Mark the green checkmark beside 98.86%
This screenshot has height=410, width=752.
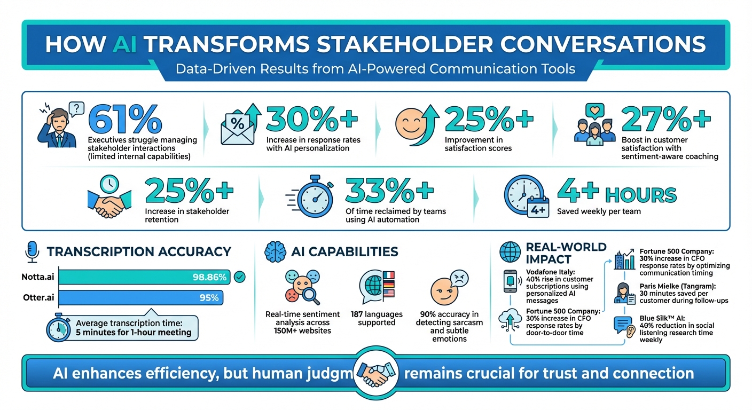coord(240,277)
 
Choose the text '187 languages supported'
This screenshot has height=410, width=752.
coord(377,318)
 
